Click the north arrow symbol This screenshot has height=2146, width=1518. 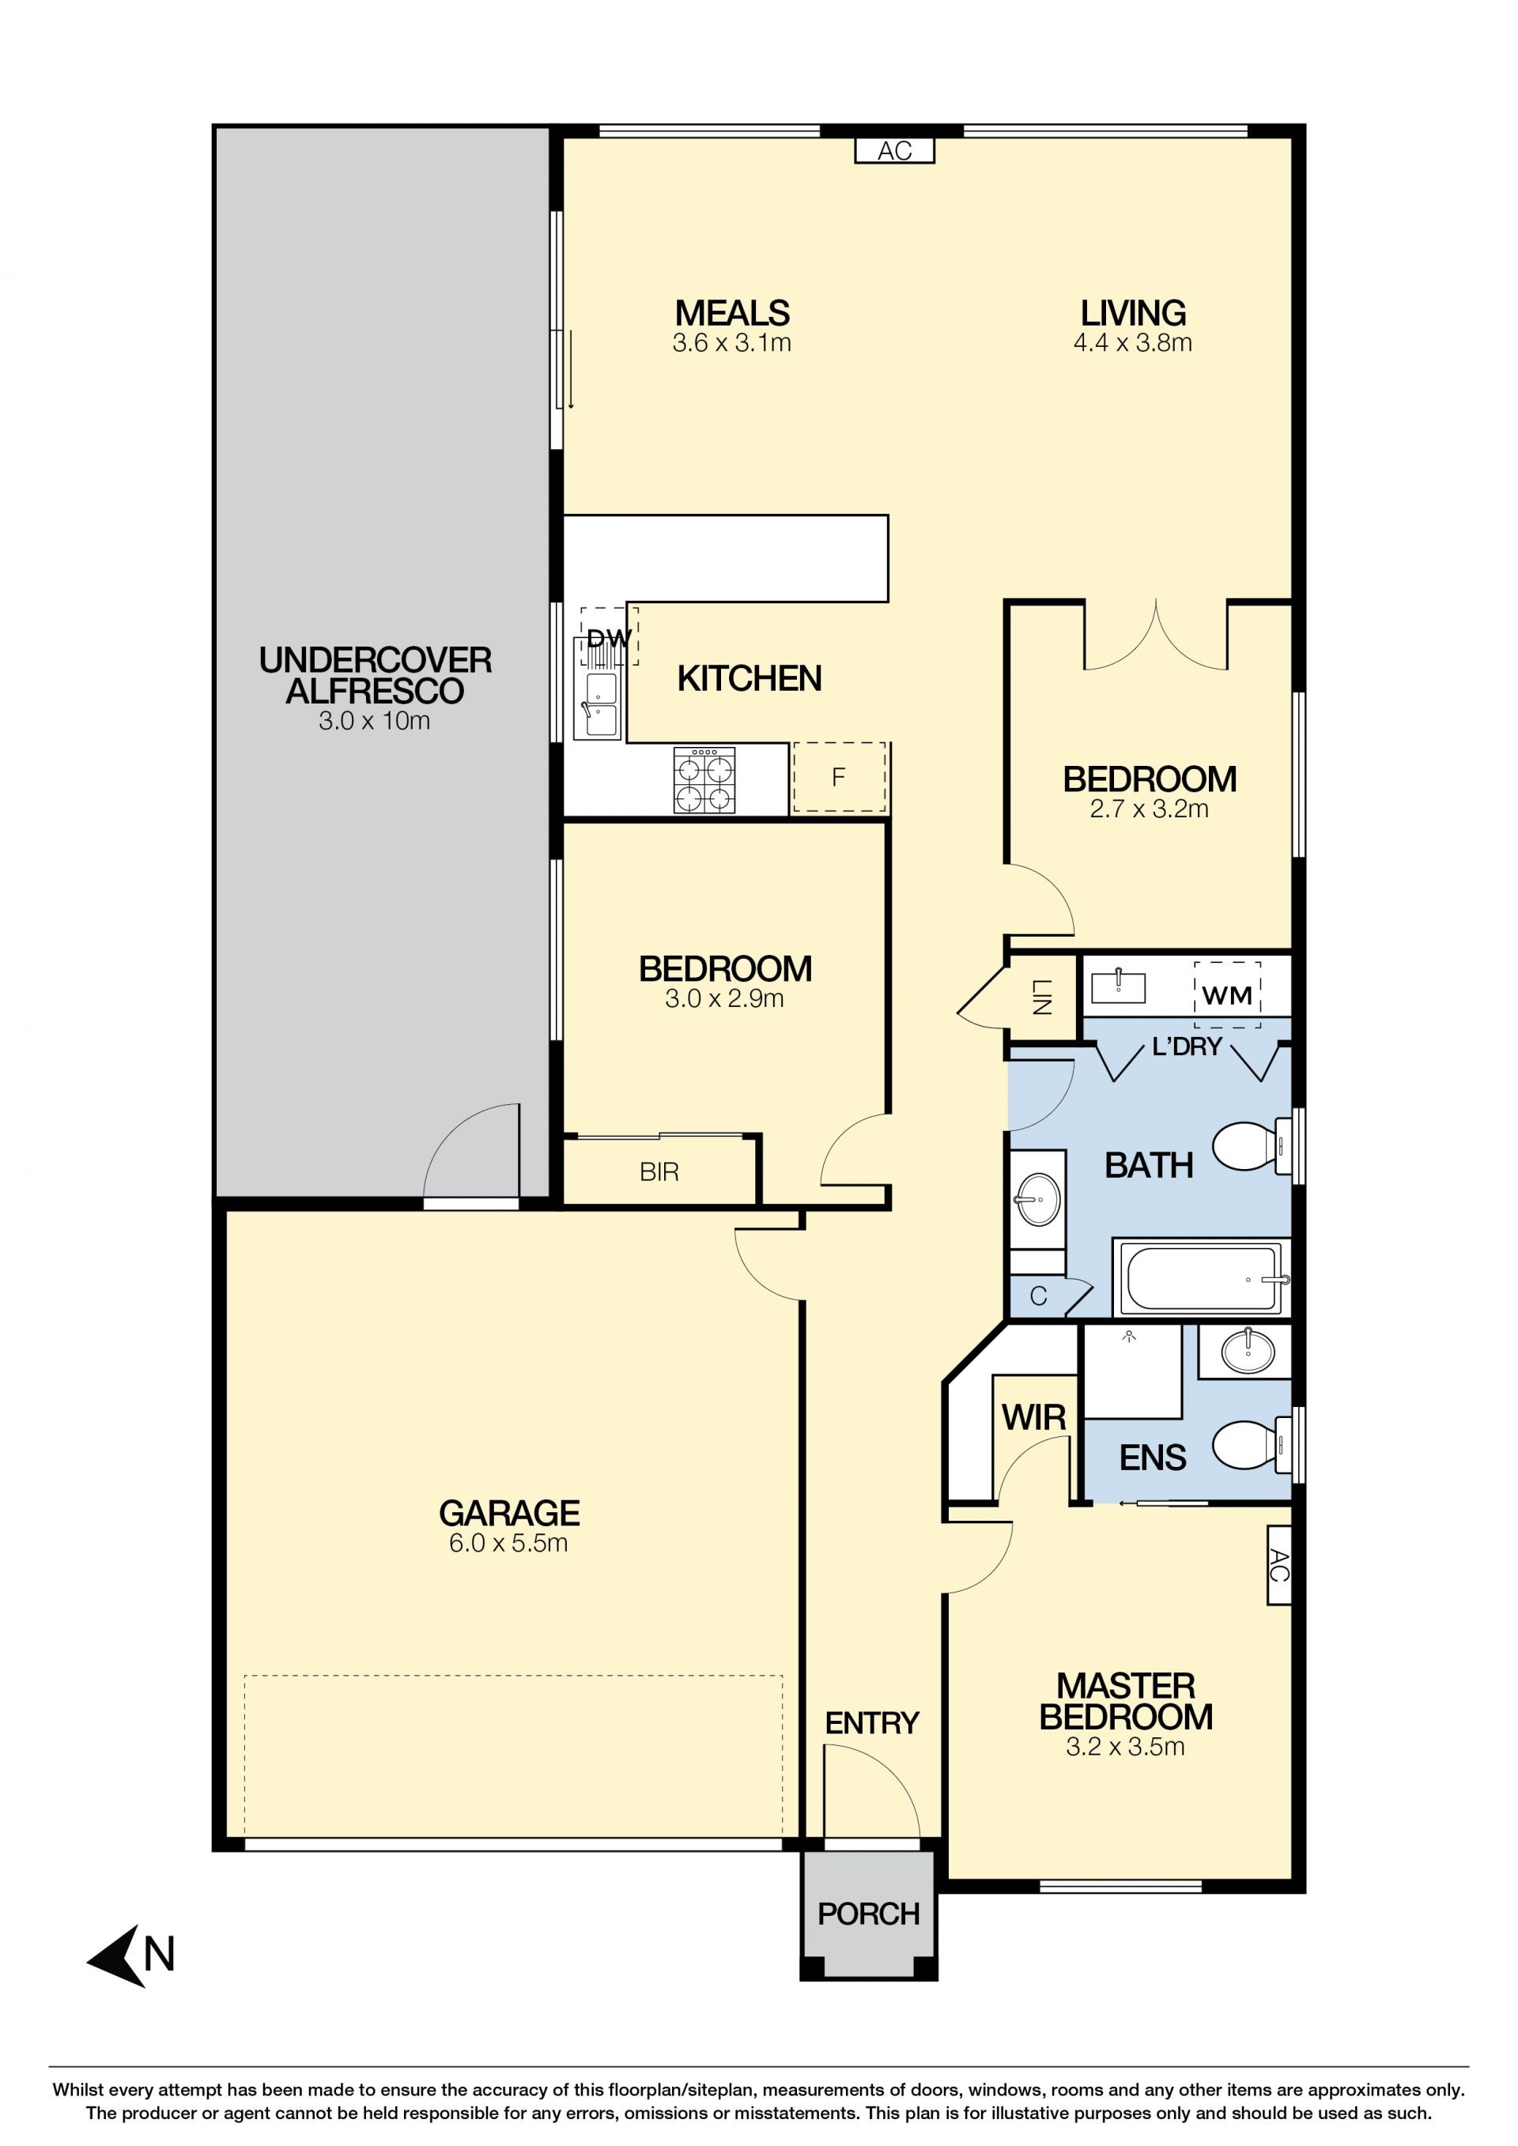(x=117, y=1956)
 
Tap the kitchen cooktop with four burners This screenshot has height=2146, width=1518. (x=704, y=779)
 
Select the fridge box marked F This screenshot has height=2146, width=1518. (x=838, y=777)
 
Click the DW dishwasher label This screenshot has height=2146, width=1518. (x=610, y=639)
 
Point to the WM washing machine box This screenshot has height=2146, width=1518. (x=1227, y=994)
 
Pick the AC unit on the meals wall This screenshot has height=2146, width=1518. (x=894, y=150)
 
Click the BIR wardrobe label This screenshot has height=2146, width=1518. (x=659, y=1172)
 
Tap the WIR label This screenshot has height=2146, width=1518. (x=1034, y=1418)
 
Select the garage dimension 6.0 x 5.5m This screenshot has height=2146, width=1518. (x=508, y=1542)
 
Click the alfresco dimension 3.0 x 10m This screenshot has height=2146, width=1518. (x=375, y=720)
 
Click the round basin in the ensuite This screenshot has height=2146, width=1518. (x=1248, y=1352)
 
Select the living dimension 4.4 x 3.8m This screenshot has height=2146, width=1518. (x=1133, y=342)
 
